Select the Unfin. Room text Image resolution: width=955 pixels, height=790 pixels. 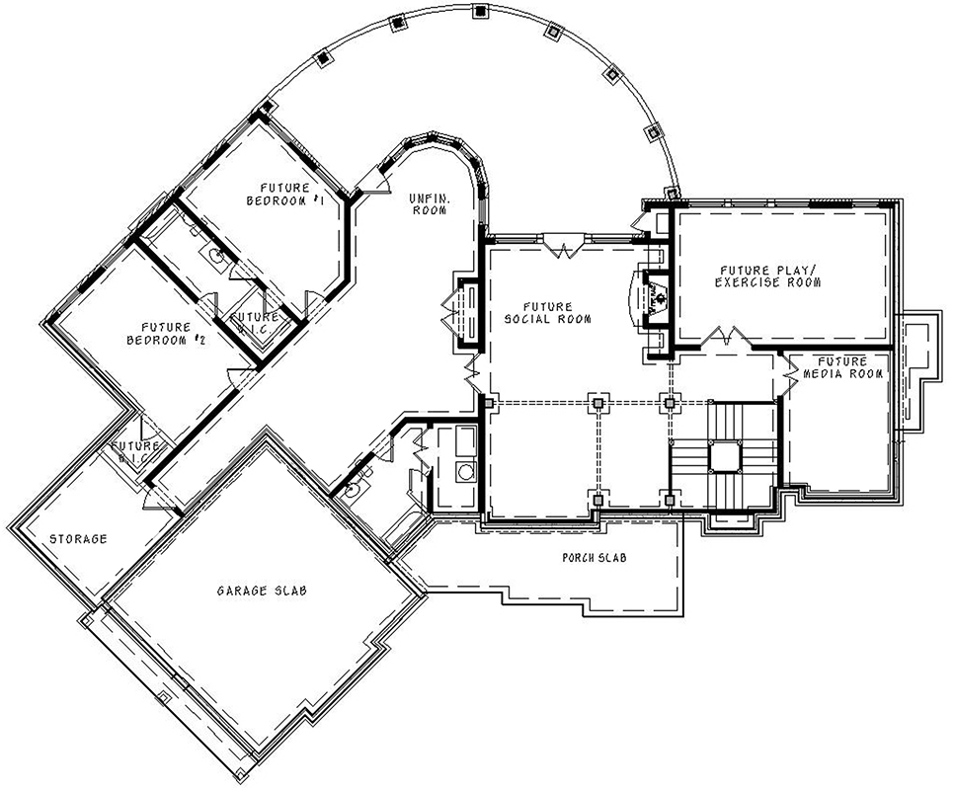430,204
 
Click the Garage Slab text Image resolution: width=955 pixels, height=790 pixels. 262,591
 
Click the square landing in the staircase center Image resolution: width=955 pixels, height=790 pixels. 725,455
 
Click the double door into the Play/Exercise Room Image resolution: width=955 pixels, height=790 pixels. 728,337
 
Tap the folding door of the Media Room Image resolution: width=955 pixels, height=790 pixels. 791,372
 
